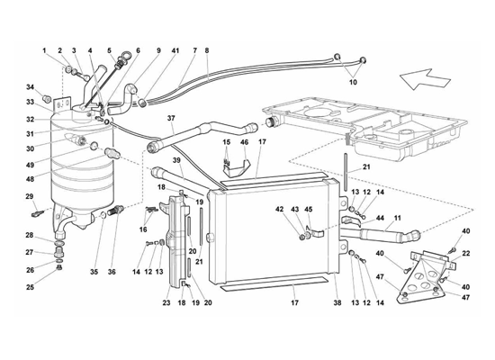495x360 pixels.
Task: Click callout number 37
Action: (171, 118)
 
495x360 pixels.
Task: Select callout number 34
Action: (30, 87)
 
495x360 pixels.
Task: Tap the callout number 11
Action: (397, 218)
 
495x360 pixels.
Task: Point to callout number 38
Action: (337, 302)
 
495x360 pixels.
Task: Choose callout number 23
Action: (166, 302)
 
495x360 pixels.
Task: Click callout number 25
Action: (30, 287)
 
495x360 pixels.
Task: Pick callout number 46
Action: (244, 142)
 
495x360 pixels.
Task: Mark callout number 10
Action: (353, 82)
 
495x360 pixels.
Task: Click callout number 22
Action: (466, 253)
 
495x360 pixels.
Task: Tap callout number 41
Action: (175, 50)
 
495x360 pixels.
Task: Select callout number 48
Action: (30, 179)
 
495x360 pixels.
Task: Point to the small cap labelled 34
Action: (47, 98)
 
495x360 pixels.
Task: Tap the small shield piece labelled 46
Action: (238, 167)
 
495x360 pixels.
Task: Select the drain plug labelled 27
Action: (59, 253)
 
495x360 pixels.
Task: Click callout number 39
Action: (176, 160)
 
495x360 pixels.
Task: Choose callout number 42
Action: (279, 209)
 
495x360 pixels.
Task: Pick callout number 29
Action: (30, 196)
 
